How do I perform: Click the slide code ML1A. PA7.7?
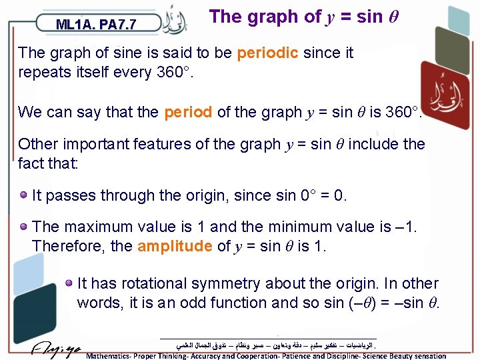click(96, 25)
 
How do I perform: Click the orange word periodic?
click(267, 53)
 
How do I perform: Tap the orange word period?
click(188, 112)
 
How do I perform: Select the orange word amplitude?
click(175, 246)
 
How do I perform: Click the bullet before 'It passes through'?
click(23, 196)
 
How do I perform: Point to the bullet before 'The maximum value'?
click(23, 227)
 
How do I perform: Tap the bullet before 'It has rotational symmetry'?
click(69, 283)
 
